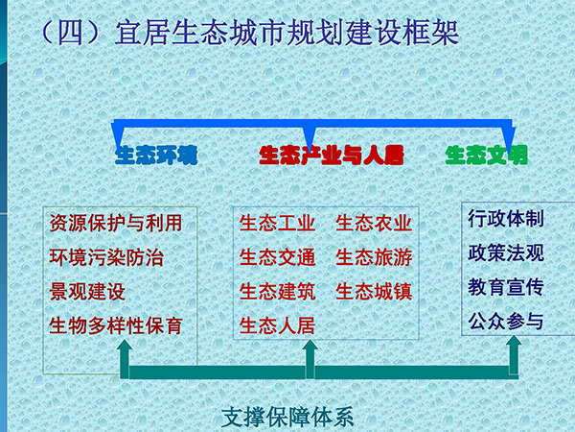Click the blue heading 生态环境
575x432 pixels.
click(156, 155)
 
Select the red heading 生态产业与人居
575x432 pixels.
click(332, 155)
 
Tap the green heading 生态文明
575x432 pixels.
click(486, 155)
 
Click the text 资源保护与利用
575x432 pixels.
click(116, 223)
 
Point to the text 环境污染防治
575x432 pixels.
click(106, 257)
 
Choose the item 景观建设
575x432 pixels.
click(87, 291)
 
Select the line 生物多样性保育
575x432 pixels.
click(116, 325)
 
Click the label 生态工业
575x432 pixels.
click(277, 223)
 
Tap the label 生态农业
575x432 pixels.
click(374, 223)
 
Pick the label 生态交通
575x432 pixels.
click(277, 257)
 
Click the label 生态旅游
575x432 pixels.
click(374, 257)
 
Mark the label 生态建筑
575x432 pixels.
click(277, 291)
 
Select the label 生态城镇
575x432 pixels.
click(374, 291)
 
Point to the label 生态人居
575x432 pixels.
click(277, 325)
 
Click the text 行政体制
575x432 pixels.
click(506, 219)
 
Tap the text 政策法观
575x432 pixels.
click(506, 252)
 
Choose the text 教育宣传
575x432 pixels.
click(506, 287)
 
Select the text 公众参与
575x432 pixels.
click(506, 321)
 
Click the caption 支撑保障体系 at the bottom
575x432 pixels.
click(287, 417)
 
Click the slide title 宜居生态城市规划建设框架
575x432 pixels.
click(287, 33)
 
